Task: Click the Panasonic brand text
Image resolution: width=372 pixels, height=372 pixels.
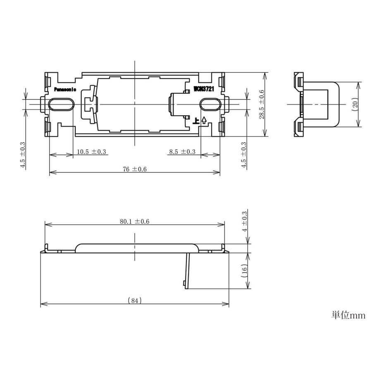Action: click(65, 89)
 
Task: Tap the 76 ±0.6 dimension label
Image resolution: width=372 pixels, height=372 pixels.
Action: click(134, 169)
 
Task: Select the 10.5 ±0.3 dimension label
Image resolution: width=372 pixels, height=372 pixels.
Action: click(91, 152)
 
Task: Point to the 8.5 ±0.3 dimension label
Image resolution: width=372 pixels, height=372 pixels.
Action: click(182, 152)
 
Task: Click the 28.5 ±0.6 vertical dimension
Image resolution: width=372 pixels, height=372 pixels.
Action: click(262, 105)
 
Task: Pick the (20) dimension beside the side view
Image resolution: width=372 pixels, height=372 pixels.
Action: click(355, 104)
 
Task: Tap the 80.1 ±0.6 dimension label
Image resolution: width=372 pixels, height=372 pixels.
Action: click(135, 222)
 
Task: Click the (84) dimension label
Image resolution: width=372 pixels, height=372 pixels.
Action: click(134, 301)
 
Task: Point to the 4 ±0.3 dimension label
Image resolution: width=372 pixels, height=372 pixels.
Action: click(244, 221)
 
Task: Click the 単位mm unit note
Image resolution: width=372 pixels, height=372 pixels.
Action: click(348, 315)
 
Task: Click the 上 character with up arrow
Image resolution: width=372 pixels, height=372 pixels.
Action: click(200, 121)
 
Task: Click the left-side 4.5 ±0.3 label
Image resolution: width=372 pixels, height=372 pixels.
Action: click(23, 155)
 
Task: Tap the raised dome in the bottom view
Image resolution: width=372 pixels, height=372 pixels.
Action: click(136, 246)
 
